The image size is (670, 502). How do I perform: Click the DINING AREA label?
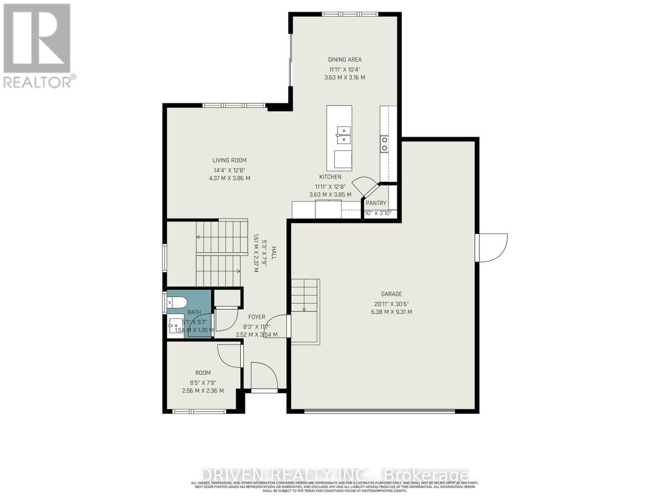pos(345,60)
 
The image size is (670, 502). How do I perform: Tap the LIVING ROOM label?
pos(229,160)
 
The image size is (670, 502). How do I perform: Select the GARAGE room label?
pos(391,294)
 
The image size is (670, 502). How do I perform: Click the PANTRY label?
pos(376,203)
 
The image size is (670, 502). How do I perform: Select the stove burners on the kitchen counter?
pos(384,143)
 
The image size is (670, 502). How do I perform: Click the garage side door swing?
pos(492,248)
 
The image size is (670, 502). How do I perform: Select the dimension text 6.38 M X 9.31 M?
pos(391,312)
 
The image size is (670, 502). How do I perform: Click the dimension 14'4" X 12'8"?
pos(229,170)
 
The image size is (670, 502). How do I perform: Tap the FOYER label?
pos(256,317)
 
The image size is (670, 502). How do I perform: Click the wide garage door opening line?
pos(379,411)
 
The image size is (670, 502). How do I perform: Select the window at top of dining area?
pos(350,14)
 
